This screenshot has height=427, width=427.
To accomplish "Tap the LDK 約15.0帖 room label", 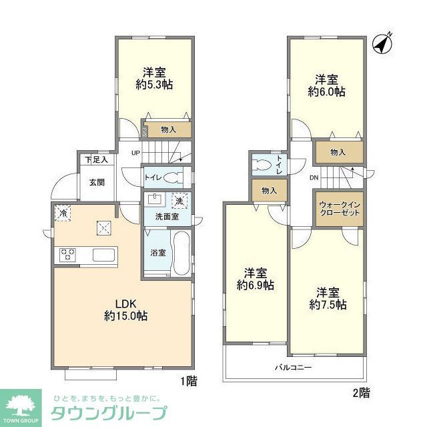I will click(x=125, y=310).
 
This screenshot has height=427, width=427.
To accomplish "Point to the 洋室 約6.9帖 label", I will click(x=256, y=279).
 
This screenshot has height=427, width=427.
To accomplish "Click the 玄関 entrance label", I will click(x=96, y=183).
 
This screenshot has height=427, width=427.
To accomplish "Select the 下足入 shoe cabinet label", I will click(x=96, y=160).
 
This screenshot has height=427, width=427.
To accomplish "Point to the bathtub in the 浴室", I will click(x=181, y=253).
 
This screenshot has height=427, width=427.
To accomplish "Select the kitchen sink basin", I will click(x=105, y=254).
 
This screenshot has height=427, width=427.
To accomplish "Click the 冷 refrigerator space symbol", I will click(x=62, y=213).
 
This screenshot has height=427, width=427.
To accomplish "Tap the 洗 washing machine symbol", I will click(x=179, y=201).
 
